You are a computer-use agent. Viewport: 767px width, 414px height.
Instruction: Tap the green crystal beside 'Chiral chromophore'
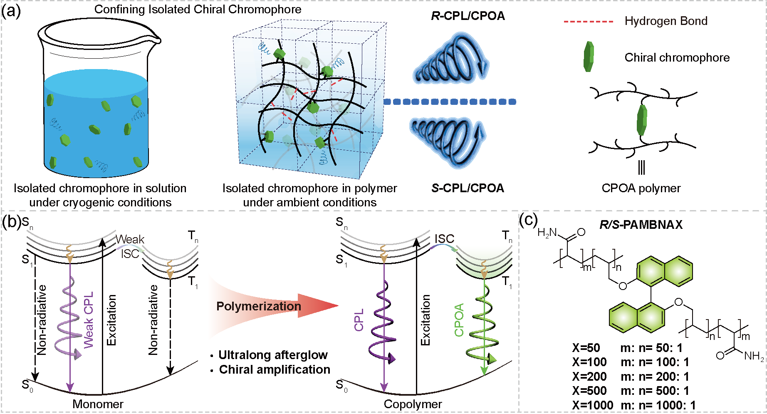(588, 57)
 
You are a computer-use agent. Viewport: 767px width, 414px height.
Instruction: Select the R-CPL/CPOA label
(468, 16)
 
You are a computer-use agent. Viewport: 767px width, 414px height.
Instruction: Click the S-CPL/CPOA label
(468, 188)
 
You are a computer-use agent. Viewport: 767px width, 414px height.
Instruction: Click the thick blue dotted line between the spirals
(449, 102)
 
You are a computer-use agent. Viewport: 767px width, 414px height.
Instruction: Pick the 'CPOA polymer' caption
(641, 188)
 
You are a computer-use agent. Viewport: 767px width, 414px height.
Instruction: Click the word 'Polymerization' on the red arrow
(258, 306)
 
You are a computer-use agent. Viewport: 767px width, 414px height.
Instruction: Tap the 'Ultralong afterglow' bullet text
(273, 355)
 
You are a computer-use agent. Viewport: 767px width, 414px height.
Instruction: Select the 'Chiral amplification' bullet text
(275, 369)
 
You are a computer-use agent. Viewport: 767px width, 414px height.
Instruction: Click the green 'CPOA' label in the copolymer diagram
(459, 320)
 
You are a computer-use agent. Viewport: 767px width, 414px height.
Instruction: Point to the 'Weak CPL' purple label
(89, 320)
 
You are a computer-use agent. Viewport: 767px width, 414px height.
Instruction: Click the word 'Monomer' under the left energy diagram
(98, 404)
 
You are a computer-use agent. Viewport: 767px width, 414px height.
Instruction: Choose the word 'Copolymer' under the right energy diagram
(413, 404)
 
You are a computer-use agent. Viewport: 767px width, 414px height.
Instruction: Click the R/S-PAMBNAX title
(641, 225)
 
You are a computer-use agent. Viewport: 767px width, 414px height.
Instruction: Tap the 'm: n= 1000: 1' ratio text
(658, 405)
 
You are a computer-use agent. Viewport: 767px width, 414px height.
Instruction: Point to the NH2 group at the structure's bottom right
(754, 356)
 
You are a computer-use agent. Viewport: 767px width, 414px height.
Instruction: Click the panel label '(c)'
(528, 220)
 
